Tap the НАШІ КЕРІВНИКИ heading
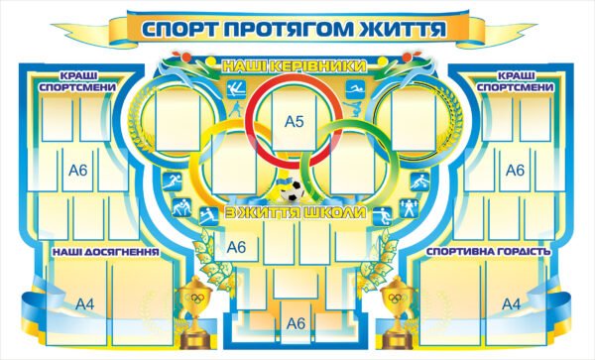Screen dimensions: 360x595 [x=295, y=65]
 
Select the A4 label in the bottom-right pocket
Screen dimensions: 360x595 [x=511, y=303]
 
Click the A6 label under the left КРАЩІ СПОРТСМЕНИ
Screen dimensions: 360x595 [x=79, y=171]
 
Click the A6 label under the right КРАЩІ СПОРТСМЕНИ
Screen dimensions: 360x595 [x=515, y=171]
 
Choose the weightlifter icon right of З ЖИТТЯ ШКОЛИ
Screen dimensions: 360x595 [x=405, y=210]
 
